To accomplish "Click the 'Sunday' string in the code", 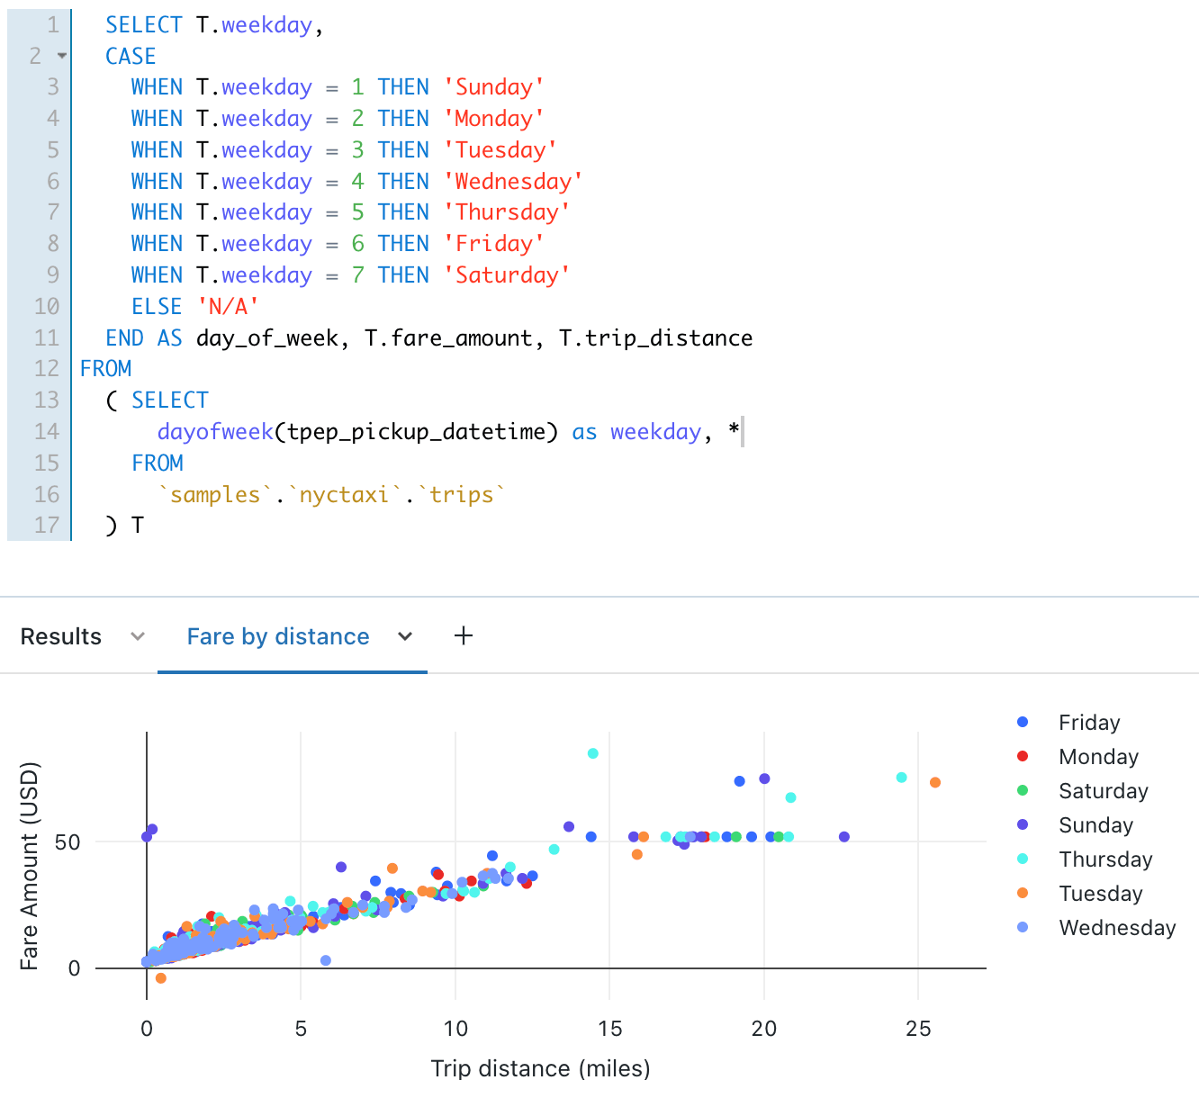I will pyautogui.click(x=493, y=87).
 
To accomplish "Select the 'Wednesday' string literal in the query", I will pyautogui.click(x=513, y=181).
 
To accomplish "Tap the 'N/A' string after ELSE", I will pyautogui.click(x=228, y=306).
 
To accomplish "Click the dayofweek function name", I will pyautogui.click(x=215, y=432).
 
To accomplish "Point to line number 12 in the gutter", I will pyautogui.click(x=46, y=369).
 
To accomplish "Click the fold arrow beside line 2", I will pyautogui.click(x=62, y=56).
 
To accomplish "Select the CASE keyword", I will pyautogui.click(x=131, y=56).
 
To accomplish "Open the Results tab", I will pyautogui.click(x=61, y=636).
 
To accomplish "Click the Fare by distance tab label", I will pyautogui.click(x=278, y=636).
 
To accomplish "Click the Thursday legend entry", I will pyautogui.click(x=1105, y=859).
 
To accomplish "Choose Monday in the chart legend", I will pyautogui.click(x=1098, y=757).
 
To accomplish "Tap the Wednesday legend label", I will pyautogui.click(x=1117, y=928).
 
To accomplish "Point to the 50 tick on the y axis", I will pyautogui.click(x=68, y=842).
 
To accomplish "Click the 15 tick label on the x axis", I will pyautogui.click(x=609, y=1029).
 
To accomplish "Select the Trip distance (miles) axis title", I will pyautogui.click(x=540, y=1068).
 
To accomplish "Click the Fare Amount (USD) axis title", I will pyautogui.click(x=30, y=866).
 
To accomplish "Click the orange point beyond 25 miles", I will pyautogui.click(x=935, y=782).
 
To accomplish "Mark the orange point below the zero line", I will pyautogui.click(x=160, y=978).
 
